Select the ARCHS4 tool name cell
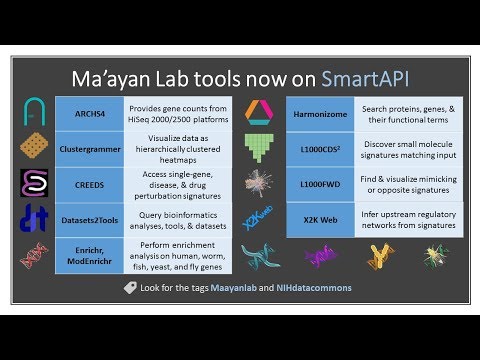89,112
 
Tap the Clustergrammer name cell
89,148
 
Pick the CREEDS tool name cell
89,184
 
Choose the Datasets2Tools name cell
89,220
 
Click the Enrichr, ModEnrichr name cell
89,255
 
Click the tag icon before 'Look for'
129,288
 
